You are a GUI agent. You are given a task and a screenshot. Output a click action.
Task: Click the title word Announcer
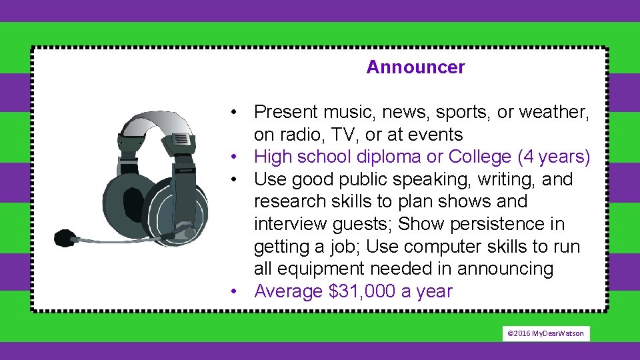415,67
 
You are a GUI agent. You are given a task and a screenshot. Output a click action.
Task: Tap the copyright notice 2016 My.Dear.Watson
546,333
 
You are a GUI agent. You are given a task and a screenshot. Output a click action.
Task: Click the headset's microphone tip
65,237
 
